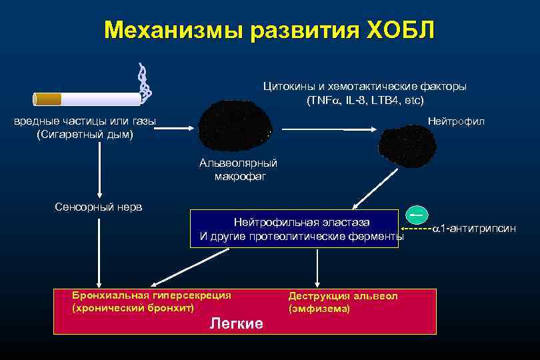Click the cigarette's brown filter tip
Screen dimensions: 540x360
click(x=48, y=99)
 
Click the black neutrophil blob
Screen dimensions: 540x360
click(x=407, y=143)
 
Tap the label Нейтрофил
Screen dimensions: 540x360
click(x=456, y=121)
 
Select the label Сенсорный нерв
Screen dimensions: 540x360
click(x=98, y=207)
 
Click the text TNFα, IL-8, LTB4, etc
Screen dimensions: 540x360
click(x=365, y=100)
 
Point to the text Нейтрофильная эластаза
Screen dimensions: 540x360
click(x=301, y=221)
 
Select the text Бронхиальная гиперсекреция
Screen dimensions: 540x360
click(x=151, y=295)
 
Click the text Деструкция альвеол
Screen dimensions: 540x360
click(x=343, y=295)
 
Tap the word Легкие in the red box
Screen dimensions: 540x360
click(x=236, y=323)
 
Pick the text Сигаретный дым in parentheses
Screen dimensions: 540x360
click(x=85, y=135)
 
